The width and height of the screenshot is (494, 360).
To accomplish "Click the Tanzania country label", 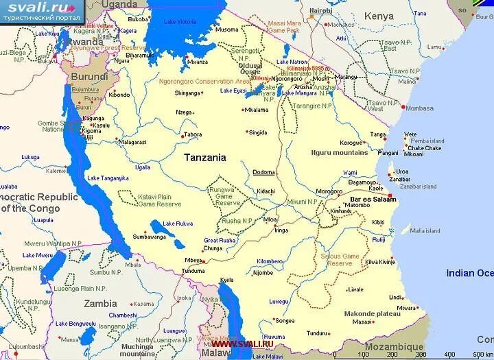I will tap(204, 157).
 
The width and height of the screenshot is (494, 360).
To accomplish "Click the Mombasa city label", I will tap(419, 108).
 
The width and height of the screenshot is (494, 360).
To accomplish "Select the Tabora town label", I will tap(194, 134).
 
